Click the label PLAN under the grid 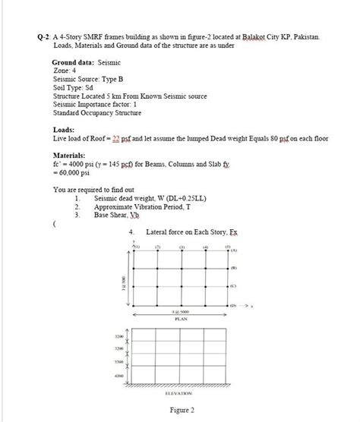(182, 320)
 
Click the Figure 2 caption (182, 411)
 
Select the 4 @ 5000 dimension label (182, 313)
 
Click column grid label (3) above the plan (182, 247)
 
